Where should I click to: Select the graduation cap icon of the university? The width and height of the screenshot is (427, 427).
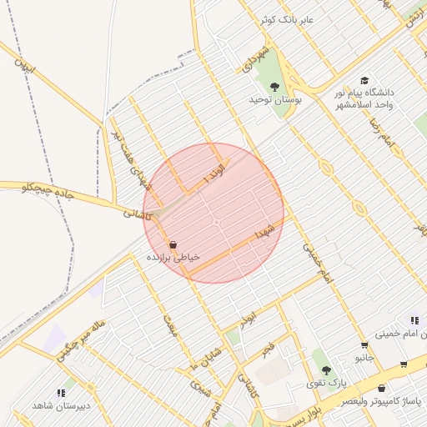click(364, 79)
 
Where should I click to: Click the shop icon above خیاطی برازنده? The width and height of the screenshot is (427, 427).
click(173, 246)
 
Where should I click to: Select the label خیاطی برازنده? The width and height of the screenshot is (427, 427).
click(173, 259)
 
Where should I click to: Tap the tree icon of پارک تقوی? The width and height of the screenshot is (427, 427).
click(326, 369)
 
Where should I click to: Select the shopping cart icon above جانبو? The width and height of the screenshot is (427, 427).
click(364, 346)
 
